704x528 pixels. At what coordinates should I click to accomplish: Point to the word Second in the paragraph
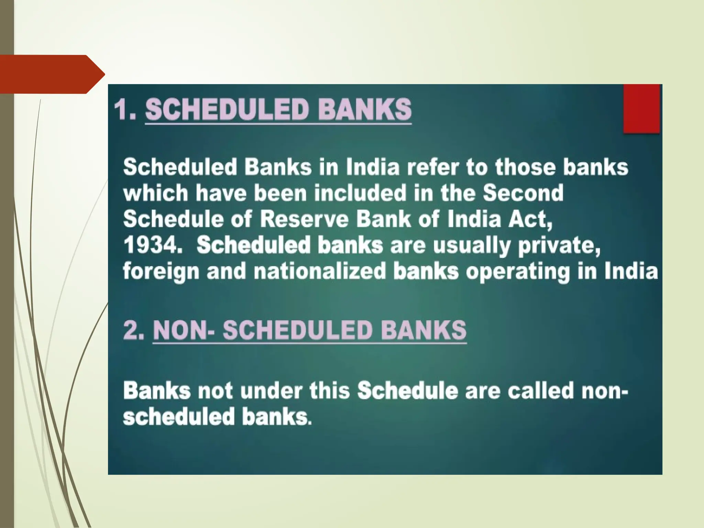point(523,193)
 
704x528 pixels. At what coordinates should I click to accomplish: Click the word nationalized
point(320,271)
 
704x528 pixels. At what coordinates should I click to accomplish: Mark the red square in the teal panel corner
point(641,109)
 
